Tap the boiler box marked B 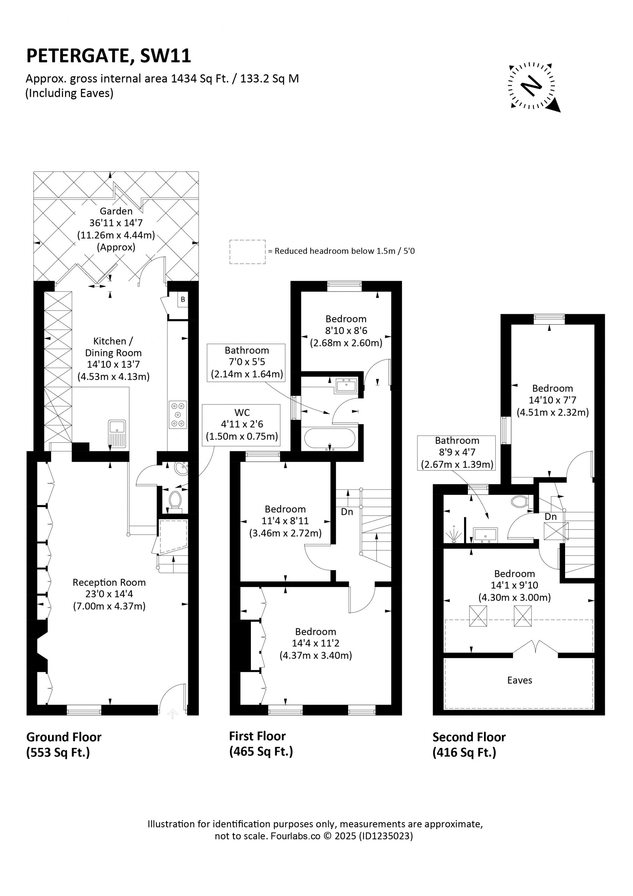click(x=183, y=300)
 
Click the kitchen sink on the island click(x=117, y=434)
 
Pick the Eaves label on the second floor click(x=519, y=680)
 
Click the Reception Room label click(x=109, y=582)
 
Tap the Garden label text click(x=116, y=211)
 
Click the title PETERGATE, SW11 click(x=108, y=56)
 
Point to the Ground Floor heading click(x=64, y=737)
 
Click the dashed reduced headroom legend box click(x=247, y=252)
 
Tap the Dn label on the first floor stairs click(x=347, y=512)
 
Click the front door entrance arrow click(x=173, y=714)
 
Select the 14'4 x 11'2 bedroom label click(x=316, y=643)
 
